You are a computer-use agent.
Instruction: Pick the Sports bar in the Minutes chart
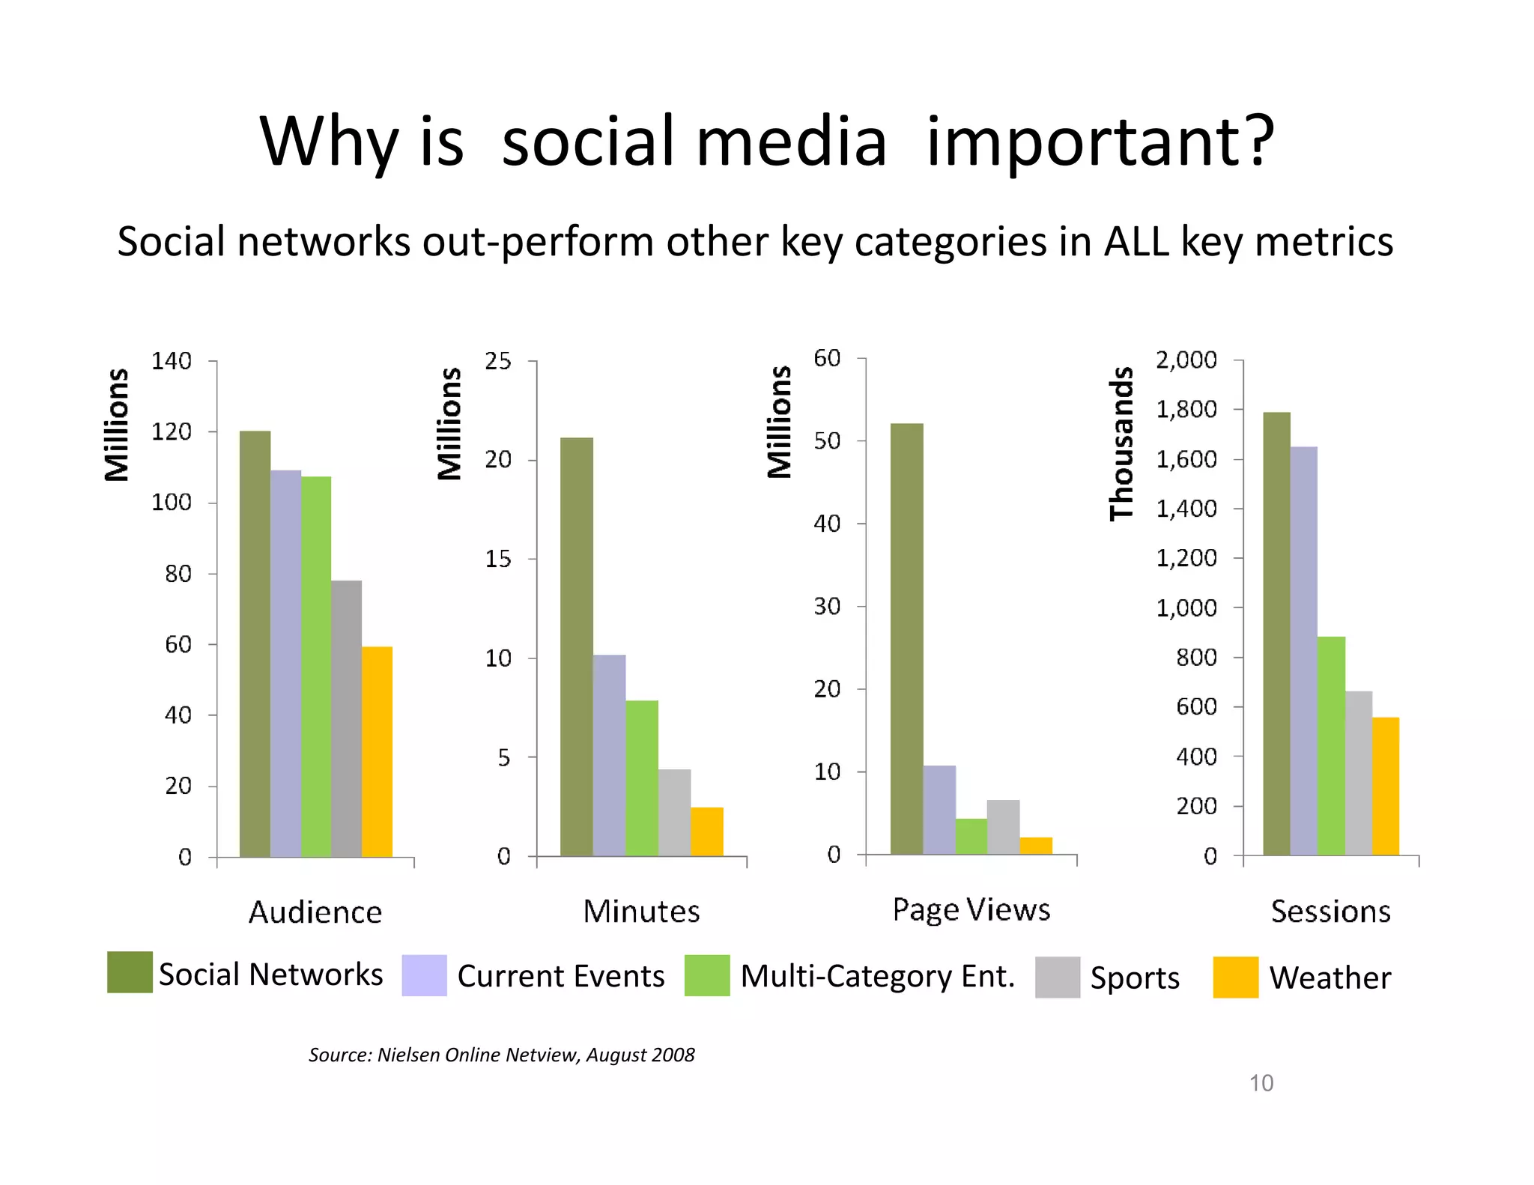674,812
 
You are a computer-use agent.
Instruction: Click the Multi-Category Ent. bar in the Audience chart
315,667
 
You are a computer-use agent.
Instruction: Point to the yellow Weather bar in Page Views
1036,846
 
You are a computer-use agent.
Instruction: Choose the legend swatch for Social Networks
130,972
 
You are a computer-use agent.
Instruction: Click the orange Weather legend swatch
1235,977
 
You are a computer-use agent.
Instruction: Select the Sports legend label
1134,978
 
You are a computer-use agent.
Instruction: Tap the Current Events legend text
560,976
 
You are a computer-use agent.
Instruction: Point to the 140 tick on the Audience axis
172,361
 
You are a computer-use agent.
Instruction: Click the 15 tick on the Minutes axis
498,559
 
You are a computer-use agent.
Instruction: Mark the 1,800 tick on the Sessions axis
1186,409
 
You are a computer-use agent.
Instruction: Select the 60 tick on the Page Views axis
827,358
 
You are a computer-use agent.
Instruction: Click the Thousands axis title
1121,443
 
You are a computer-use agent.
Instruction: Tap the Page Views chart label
971,909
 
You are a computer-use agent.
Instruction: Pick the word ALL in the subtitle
1136,242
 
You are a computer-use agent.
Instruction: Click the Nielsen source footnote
501,1055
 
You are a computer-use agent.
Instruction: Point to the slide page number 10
1261,1083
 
